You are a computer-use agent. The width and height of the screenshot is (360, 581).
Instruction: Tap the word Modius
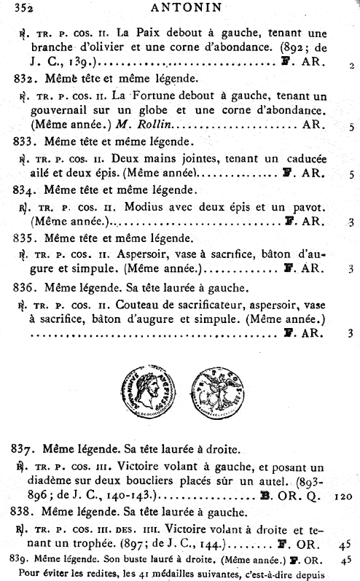tap(143, 206)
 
